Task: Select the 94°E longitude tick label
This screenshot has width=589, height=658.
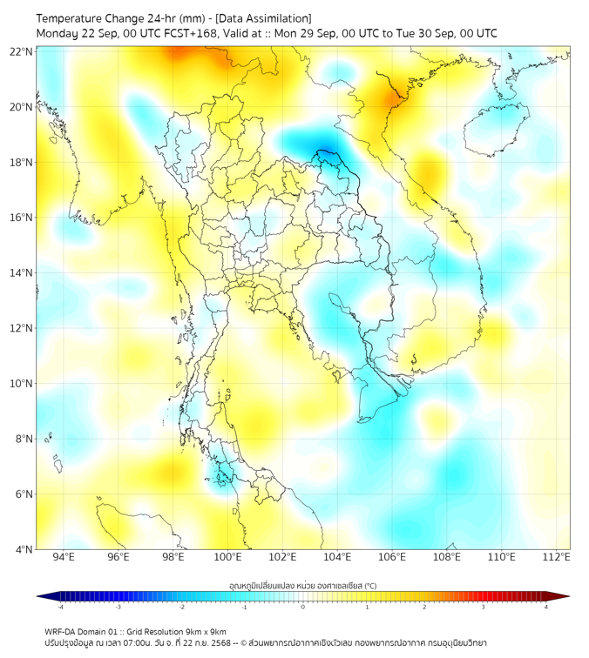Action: coord(64,558)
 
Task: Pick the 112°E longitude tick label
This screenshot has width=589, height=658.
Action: coord(557,558)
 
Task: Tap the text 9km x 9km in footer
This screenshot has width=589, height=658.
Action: coord(205,631)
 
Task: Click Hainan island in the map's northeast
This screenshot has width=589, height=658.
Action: coord(492,131)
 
